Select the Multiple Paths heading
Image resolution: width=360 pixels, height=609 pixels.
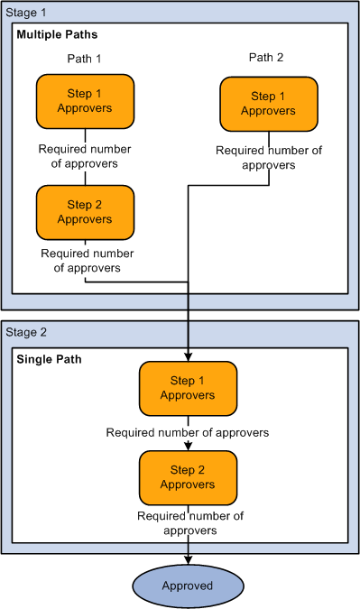(x=57, y=34)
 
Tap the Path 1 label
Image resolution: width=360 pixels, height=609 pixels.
(x=85, y=59)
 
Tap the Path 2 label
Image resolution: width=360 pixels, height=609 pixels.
(x=266, y=59)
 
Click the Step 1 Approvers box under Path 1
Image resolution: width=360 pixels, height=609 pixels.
(x=85, y=101)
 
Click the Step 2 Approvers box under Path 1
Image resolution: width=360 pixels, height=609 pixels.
(x=85, y=212)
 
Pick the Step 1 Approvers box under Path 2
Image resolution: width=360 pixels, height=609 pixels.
(x=268, y=104)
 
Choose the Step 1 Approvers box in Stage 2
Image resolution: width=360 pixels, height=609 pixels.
(x=188, y=388)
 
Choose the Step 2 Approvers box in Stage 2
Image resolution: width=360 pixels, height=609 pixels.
(x=188, y=477)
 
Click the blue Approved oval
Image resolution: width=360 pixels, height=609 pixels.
(x=188, y=586)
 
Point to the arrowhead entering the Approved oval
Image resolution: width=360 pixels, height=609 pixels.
(x=188, y=561)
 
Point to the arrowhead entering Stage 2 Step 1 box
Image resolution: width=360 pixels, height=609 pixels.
(x=188, y=357)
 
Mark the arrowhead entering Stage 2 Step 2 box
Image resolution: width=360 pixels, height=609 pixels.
(x=188, y=447)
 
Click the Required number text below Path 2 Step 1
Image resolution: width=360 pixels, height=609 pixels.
(x=269, y=158)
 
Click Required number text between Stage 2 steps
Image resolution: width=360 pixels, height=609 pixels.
(x=188, y=433)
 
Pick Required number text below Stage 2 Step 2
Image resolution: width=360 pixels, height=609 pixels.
(x=190, y=523)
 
